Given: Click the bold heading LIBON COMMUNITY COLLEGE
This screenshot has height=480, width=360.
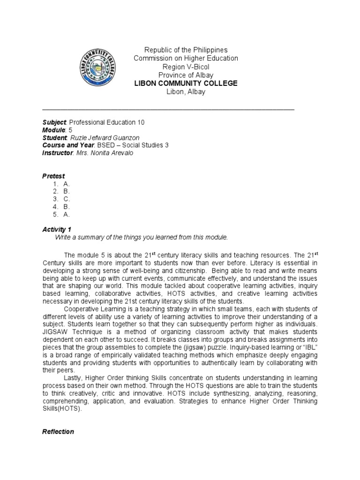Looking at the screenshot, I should [x=186, y=83].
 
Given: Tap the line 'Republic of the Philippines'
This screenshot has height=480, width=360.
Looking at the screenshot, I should [x=186, y=50].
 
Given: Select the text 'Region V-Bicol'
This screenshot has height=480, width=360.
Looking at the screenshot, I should [x=186, y=67].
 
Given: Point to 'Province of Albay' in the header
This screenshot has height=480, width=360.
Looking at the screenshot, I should [x=186, y=75].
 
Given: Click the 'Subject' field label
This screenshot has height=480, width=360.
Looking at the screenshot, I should [x=55, y=122].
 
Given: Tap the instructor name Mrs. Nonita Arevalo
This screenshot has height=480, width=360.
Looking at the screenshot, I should [x=105, y=153].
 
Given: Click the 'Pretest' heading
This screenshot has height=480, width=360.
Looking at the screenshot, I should [x=53, y=176].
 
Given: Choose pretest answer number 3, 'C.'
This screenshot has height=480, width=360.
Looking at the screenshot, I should [x=67, y=199].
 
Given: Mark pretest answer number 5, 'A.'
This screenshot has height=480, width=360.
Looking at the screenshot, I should [x=67, y=214].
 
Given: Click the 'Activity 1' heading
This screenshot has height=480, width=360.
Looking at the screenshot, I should [x=57, y=230].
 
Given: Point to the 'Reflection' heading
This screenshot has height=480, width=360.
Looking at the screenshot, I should [x=58, y=431].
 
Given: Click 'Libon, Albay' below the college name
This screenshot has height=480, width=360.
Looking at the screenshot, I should [x=186, y=92].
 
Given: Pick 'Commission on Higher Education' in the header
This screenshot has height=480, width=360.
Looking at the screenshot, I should [x=186, y=58].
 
